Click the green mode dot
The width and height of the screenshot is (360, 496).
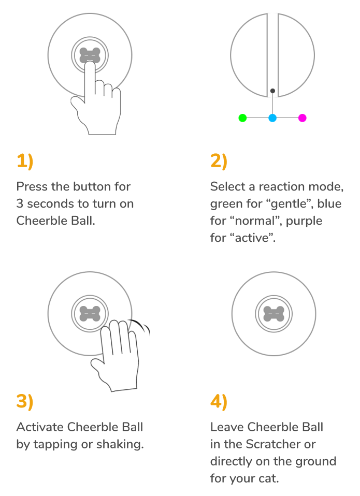(242, 118)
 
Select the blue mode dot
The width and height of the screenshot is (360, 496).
(272, 118)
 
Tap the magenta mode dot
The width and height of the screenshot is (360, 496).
(303, 118)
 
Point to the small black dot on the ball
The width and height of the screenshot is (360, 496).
(272, 91)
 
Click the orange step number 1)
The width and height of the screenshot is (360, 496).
(25, 162)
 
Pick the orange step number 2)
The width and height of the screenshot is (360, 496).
(219, 162)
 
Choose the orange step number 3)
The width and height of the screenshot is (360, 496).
(25, 402)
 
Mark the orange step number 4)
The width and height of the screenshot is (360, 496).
(219, 402)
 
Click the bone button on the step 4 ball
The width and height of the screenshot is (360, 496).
(274, 314)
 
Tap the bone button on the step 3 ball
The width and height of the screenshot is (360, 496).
(90, 314)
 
